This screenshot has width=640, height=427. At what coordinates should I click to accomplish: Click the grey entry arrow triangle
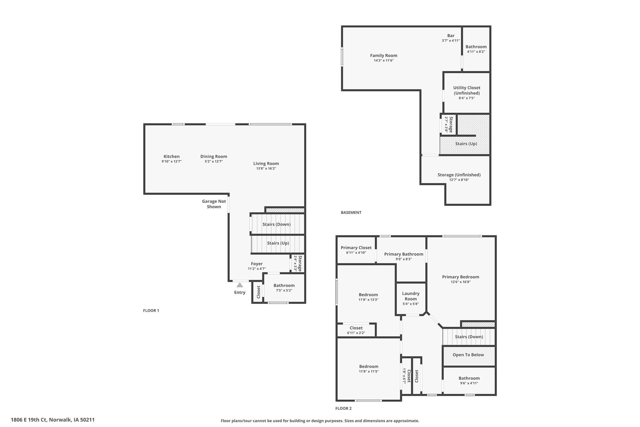[240, 285]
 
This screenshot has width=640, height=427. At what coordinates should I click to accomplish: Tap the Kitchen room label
[171, 157]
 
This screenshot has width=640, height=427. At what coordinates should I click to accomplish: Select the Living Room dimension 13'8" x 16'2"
[266, 169]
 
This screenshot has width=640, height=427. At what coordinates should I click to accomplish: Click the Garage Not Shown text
[214, 204]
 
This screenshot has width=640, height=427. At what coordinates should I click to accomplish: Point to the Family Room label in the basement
[383, 55]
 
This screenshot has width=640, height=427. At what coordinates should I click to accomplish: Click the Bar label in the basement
[451, 36]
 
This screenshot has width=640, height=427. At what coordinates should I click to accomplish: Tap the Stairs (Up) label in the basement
[466, 144]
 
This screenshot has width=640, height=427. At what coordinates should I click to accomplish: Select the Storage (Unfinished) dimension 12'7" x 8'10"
[459, 180]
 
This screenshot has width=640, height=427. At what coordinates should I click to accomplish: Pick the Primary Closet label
[356, 248]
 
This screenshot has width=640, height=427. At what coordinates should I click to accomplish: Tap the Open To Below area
[468, 355]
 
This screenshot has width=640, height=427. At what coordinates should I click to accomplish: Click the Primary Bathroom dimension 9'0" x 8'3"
[403, 259]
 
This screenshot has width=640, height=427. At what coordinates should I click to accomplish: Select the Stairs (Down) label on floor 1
[276, 224]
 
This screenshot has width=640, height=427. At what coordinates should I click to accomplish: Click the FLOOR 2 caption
[343, 408]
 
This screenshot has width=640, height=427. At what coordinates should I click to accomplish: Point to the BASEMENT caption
[351, 212]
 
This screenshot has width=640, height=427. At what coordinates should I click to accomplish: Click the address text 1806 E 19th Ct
[29, 420]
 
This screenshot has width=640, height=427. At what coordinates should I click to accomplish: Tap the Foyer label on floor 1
[257, 264]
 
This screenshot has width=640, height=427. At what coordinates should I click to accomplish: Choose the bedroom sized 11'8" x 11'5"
[369, 369]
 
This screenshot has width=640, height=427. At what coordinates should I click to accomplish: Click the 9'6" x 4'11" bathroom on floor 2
[469, 380]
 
